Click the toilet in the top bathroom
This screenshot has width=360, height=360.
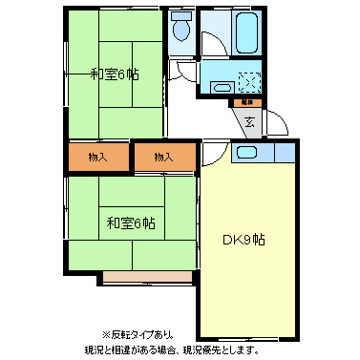click(x=181, y=29)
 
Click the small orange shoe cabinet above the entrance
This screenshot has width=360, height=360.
click(x=247, y=102)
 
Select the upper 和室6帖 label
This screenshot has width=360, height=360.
click(x=113, y=74)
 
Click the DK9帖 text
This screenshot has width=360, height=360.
click(x=244, y=239)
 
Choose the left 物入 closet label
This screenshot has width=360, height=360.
click(x=96, y=157)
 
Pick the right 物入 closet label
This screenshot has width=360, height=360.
click(x=163, y=157)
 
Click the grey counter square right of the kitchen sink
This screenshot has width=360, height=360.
click(x=286, y=152)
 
